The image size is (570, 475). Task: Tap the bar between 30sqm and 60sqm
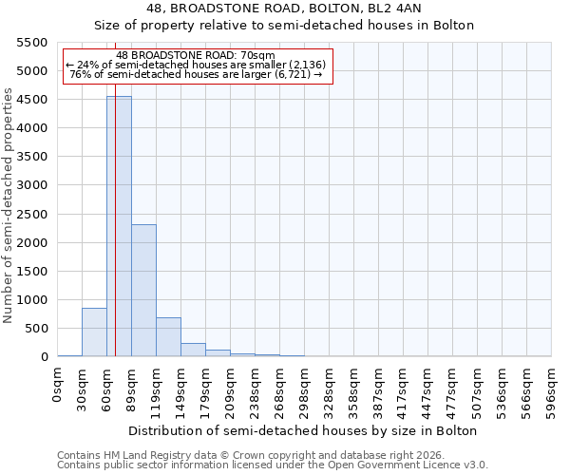click(x=94, y=332)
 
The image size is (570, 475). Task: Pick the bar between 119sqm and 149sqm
click(x=168, y=336)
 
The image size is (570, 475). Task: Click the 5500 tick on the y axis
click(x=31, y=43)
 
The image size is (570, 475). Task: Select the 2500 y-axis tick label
click(x=31, y=214)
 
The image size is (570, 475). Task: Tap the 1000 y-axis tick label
click(x=31, y=300)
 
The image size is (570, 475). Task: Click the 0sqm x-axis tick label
click(x=58, y=387)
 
